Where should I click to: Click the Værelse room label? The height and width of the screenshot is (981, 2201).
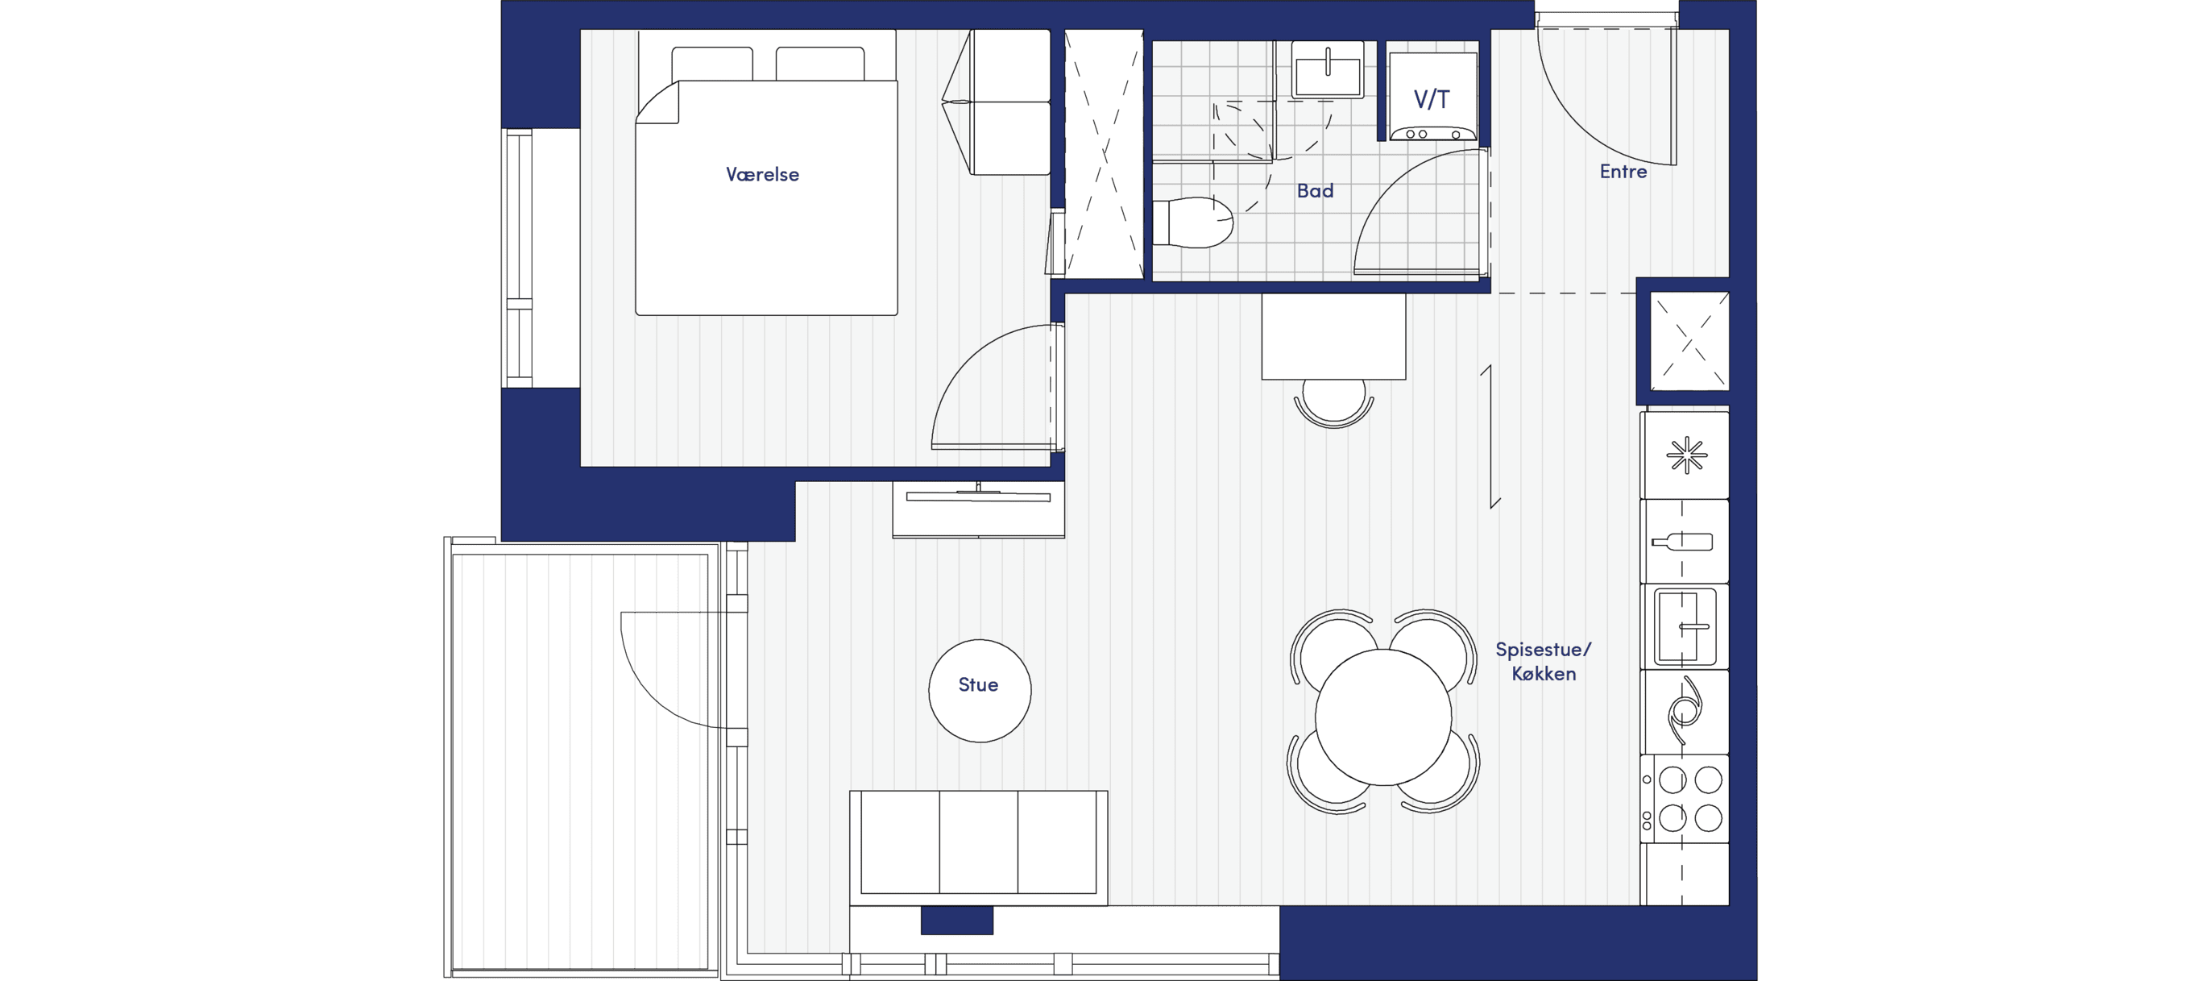coord(762,174)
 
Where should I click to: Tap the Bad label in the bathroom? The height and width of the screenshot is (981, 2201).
coord(1315,190)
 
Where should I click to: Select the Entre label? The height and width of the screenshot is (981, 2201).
coord(1623,172)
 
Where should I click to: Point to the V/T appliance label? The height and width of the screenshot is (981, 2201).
coord(1432,99)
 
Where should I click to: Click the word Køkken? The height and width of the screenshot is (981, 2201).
coord(1544,673)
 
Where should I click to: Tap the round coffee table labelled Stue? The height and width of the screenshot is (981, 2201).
coord(980,691)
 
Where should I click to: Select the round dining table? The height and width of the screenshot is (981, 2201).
coord(1383,717)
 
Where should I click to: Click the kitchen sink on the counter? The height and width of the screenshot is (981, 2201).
coord(1685,627)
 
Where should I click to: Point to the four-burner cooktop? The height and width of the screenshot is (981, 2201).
coord(1685,799)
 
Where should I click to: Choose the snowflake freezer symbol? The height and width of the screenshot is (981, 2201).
coord(1687,455)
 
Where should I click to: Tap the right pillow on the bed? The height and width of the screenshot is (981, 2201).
coord(819,64)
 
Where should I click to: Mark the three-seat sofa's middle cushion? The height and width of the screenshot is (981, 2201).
coord(978,842)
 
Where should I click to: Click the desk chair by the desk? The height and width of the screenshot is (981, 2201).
coord(1334,403)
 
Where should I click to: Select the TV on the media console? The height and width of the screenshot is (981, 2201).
coord(978,496)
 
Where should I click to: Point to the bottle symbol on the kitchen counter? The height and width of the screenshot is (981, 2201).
coord(1682,541)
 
